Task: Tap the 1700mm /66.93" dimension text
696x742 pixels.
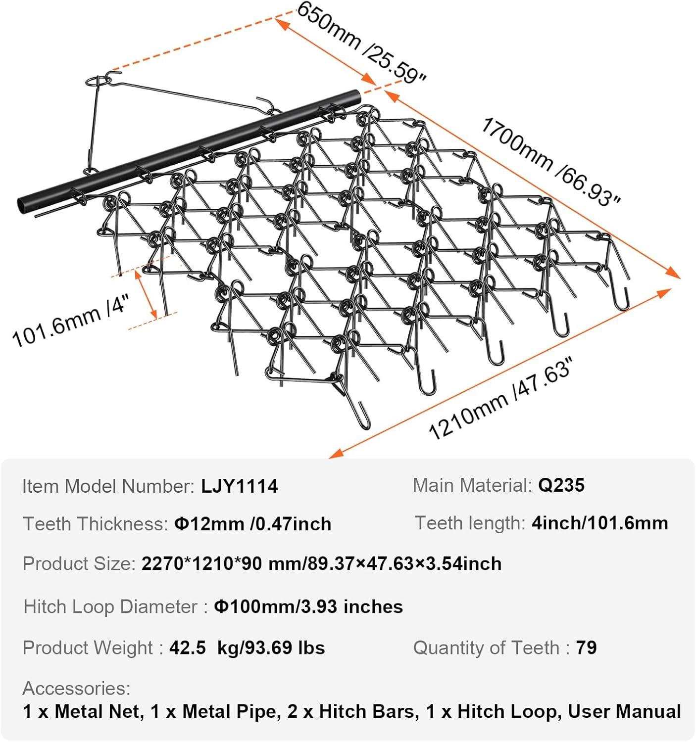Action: pyautogui.click(x=550, y=162)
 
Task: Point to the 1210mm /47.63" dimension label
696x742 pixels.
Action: pyautogui.click(x=501, y=399)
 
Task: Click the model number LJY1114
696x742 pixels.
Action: pyautogui.click(x=240, y=486)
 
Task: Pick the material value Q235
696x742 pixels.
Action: pyautogui.click(x=561, y=485)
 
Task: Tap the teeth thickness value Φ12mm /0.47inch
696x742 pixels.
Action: pyautogui.click(x=253, y=524)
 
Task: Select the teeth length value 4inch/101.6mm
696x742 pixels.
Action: pyautogui.click(x=600, y=523)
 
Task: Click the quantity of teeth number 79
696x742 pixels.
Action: pyautogui.click(x=587, y=648)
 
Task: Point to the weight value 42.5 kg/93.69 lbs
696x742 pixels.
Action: pyautogui.click(x=247, y=648)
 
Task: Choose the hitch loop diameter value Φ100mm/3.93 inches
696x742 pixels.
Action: pyautogui.click(x=308, y=606)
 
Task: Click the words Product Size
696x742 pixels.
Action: pyautogui.click(x=79, y=563)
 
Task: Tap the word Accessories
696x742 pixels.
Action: pyautogui.click(x=76, y=688)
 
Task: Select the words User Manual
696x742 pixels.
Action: pyautogui.click(x=624, y=711)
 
